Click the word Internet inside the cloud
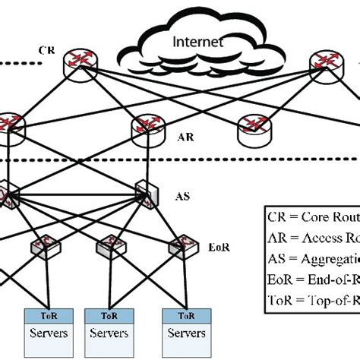click(200, 43)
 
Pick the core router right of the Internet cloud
click(327, 61)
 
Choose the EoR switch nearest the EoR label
click(183, 244)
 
